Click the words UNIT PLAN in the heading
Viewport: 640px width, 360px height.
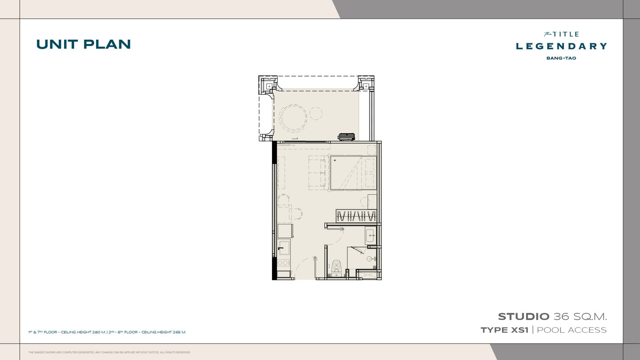tap(84, 44)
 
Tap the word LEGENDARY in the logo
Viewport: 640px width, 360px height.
tap(561, 46)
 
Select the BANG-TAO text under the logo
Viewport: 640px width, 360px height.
tap(561, 58)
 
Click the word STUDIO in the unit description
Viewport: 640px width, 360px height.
tap(524, 316)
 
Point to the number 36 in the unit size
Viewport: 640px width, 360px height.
tap(561, 316)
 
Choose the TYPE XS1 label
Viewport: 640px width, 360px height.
tap(504, 330)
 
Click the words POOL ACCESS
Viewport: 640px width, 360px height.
tap(572, 330)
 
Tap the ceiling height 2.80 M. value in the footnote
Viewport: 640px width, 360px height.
tap(99, 332)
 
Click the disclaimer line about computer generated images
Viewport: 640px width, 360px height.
tap(109, 352)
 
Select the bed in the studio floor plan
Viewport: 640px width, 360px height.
tap(353, 173)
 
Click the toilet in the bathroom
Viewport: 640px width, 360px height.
tap(336, 268)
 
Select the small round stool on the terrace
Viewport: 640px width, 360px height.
tap(316, 114)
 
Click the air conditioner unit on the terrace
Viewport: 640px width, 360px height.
tap(347, 137)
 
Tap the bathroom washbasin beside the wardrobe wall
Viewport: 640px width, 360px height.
tap(370, 236)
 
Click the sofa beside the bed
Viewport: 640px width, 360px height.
tap(317, 172)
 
